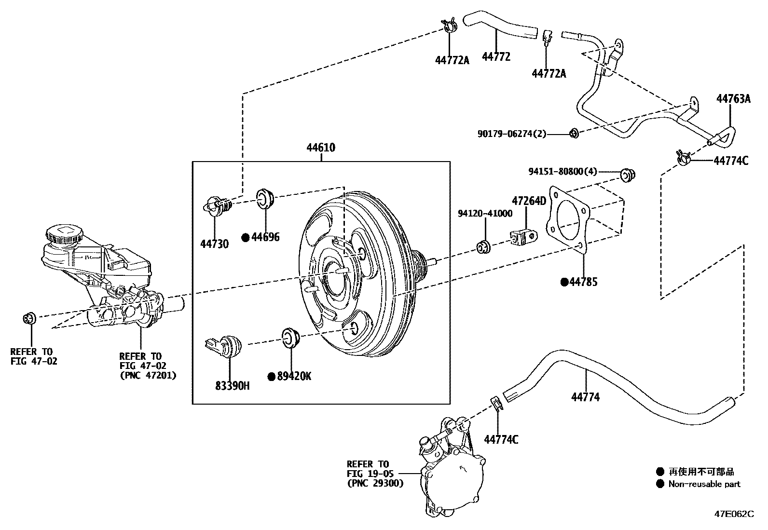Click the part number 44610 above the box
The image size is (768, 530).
(320, 148)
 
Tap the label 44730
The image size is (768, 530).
(215, 244)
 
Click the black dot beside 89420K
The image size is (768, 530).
(272, 376)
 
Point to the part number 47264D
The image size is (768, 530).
(529, 201)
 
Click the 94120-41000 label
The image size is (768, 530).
(485, 214)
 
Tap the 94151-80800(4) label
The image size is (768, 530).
(562, 171)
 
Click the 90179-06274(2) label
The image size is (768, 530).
(512, 134)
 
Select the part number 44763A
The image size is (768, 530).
(733, 99)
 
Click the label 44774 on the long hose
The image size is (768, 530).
(585, 397)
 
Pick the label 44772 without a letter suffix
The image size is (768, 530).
(496, 57)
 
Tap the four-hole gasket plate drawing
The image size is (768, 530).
(569, 219)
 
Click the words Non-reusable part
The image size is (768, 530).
(704, 484)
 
